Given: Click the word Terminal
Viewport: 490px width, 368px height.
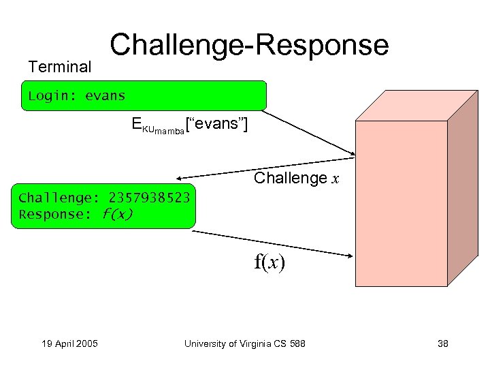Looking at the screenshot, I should pyautogui.click(x=59, y=67).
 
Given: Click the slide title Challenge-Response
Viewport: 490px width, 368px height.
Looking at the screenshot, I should pyautogui.click(x=249, y=45).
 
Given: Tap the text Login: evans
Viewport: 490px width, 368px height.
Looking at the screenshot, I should pyautogui.click(x=77, y=95).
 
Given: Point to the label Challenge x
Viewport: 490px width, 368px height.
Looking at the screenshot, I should pyautogui.click(x=295, y=179).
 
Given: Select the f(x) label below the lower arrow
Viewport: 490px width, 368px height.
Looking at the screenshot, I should pyautogui.click(x=269, y=262).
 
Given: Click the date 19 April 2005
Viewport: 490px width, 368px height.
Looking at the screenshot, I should pyautogui.click(x=67, y=343).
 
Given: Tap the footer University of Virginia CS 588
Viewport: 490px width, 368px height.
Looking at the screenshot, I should pyautogui.click(x=245, y=343).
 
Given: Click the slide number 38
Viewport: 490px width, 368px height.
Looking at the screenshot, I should pyautogui.click(x=442, y=343).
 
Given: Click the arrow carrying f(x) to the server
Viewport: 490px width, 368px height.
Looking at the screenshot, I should pyautogui.click(x=272, y=244).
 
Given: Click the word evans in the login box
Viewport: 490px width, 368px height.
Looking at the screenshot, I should pyautogui.click(x=105, y=95).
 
